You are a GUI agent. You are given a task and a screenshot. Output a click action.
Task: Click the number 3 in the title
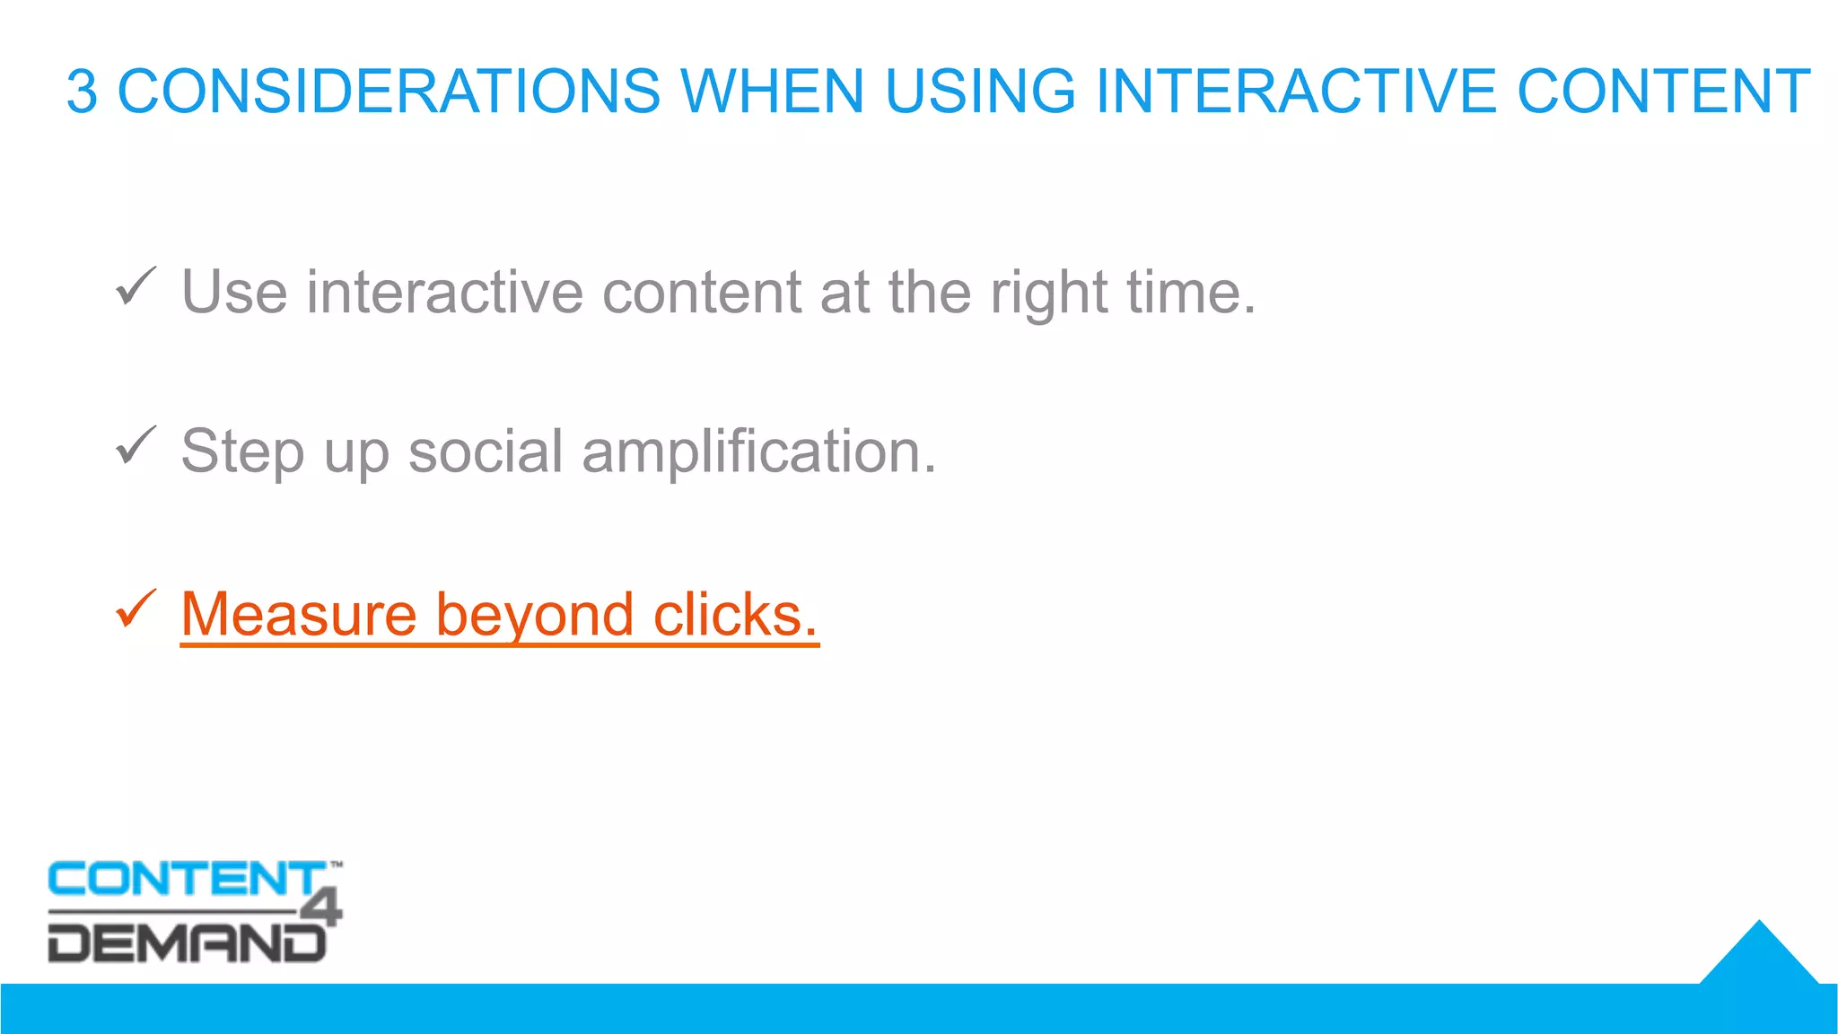(x=82, y=92)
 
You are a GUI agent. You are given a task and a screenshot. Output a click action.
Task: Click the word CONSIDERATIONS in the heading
(x=389, y=92)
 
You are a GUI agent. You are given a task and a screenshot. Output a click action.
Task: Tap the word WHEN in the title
(x=772, y=92)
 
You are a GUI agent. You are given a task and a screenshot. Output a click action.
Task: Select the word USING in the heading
(x=979, y=92)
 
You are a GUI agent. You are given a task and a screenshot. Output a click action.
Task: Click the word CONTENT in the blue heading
(x=1663, y=92)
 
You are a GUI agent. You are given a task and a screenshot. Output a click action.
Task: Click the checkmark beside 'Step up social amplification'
(x=136, y=446)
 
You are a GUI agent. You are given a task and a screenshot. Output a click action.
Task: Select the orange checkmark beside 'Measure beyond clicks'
(x=136, y=609)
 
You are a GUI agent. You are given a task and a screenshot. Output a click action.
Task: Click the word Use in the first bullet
(x=234, y=293)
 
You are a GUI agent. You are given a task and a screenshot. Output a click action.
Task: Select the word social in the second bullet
(x=485, y=451)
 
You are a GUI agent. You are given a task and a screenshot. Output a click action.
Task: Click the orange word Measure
(x=299, y=615)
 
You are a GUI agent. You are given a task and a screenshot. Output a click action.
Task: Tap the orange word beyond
(x=535, y=617)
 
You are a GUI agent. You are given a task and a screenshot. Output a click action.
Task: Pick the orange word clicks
(x=735, y=615)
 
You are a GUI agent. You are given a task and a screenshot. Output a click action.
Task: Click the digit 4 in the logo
(x=323, y=907)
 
